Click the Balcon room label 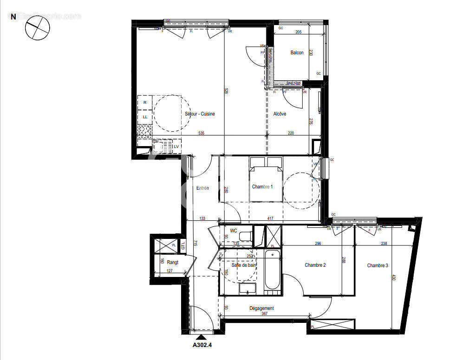click(297, 53)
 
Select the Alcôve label click(280, 114)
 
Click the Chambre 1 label click(262, 186)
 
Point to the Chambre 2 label click(315, 265)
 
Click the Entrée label click(202, 188)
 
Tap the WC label click(234, 231)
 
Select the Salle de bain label click(243, 265)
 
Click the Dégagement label click(261, 308)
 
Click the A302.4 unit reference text click(202, 345)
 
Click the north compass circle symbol click(37, 31)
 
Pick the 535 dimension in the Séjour click(201, 133)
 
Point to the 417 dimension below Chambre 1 click(270, 219)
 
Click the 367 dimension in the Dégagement click(264, 314)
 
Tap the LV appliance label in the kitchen click(176, 147)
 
